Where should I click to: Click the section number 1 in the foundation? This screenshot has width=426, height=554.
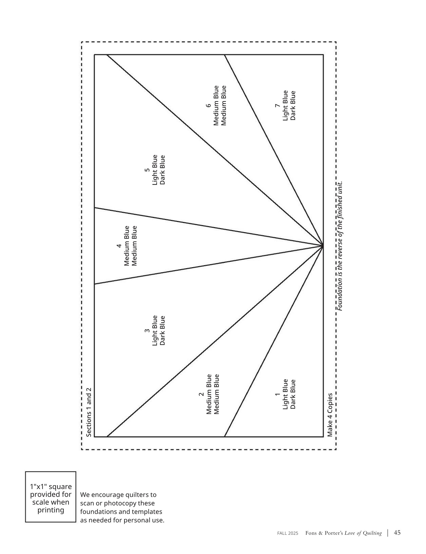click(x=278, y=394)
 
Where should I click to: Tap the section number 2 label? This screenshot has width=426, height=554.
click(x=201, y=394)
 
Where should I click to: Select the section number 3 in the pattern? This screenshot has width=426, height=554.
click(x=147, y=330)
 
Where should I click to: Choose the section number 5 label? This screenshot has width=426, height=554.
click(x=147, y=170)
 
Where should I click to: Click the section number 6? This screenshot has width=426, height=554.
click(x=208, y=105)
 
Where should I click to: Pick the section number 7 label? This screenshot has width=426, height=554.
click(x=278, y=105)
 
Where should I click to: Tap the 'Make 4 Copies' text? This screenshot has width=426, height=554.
click(x=330, y=415)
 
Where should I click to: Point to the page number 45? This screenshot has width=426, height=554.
click(x=397, y=533)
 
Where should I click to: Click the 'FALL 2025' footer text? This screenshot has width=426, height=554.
click(x=288, y=533)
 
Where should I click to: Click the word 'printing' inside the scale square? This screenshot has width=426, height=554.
click(x=51, y=510)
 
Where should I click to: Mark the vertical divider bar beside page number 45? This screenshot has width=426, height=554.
click(x=388, y=533)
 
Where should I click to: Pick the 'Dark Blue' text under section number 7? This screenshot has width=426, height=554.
click(x=293, y=105)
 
